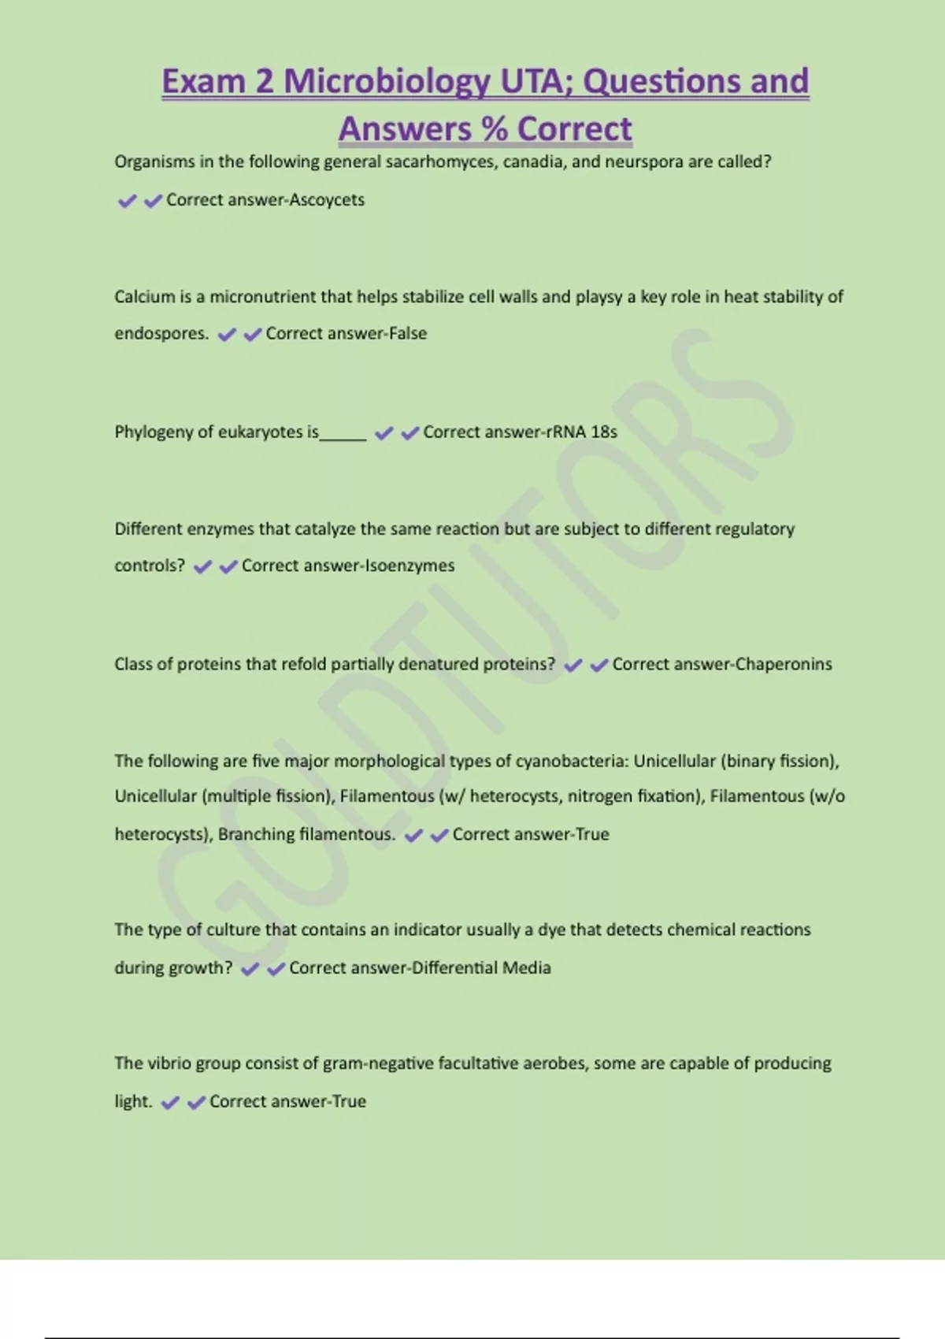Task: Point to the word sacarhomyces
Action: pos(442,162)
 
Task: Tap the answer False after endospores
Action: pos(408,333)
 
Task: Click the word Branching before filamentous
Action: pos(255,834)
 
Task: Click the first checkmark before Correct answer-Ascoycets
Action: pos(127,201)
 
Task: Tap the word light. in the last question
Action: pos(133,1101)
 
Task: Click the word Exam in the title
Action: pos(203,82)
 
